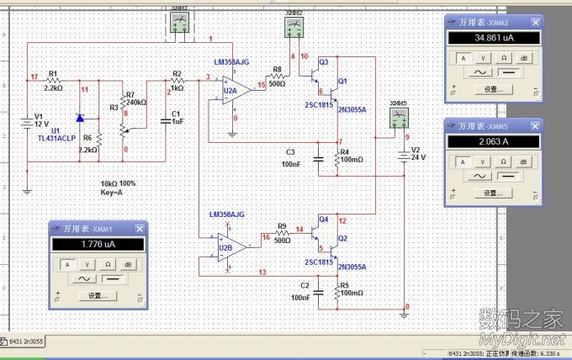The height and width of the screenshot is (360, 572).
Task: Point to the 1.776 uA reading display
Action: pyautogui.click(x=98, y=245)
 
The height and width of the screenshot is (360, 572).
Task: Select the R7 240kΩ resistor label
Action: pyautogui.click(x=135, y=98)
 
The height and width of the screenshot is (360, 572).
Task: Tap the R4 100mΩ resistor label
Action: pyautogui.click(x=350, y=156)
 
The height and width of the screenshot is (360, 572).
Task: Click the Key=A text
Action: pyautogui.click(x=112, y=192)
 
